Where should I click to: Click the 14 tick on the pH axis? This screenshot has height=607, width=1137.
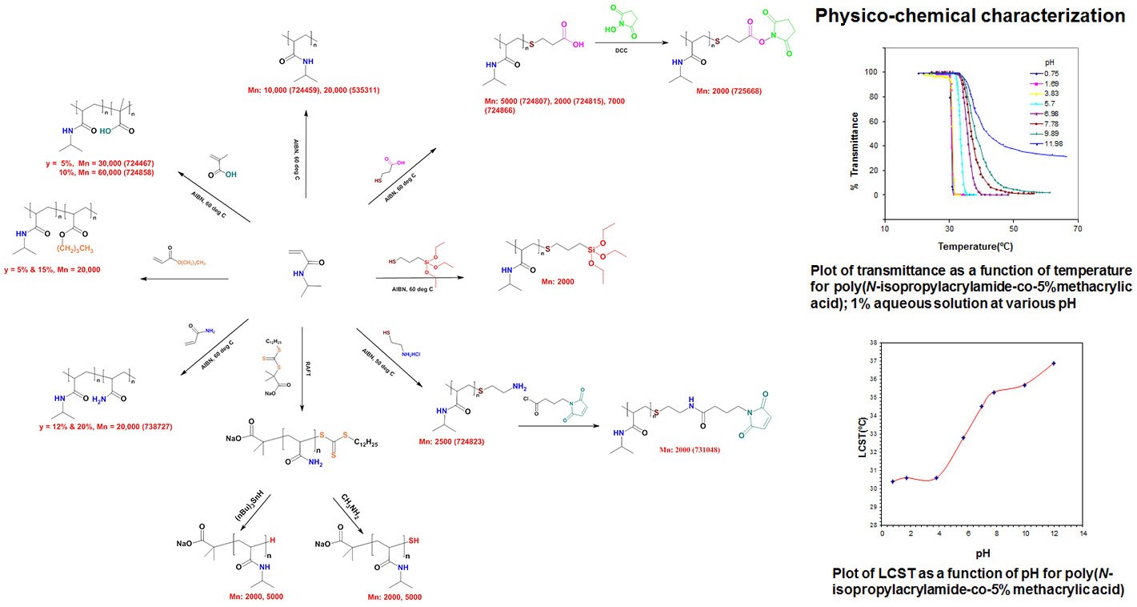pos(1083,532)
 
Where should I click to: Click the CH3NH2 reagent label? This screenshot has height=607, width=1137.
pos(345,510)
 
